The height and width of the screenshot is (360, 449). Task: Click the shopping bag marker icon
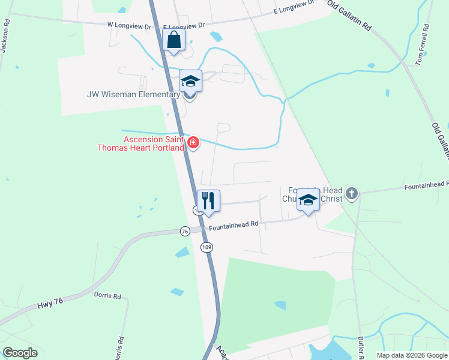click(173, 40)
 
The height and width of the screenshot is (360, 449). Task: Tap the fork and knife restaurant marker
click(208, 200)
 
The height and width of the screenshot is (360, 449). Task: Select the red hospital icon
click(193, 142)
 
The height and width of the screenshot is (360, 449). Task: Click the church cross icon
click(352, 193)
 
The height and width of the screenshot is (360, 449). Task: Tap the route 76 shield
click(185, 231)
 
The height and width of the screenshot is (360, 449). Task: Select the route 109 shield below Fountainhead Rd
click(206, 247)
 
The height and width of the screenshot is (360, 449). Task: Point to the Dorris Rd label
click(107, 296)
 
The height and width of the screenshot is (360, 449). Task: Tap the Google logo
click(20, 353)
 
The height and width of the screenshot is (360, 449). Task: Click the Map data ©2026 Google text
click(412, 355)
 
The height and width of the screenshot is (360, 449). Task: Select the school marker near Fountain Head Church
click(308, 201)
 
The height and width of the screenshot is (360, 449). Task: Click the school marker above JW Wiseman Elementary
click(190, 82)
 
